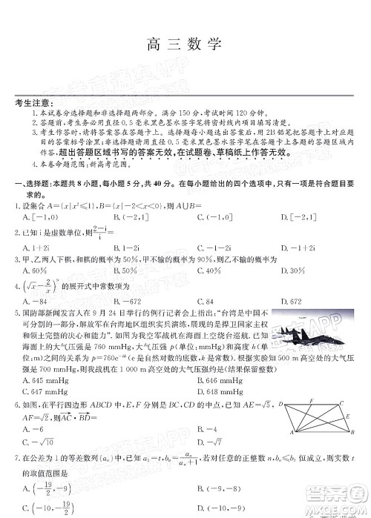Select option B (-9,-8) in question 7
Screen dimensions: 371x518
[x=215, y=488]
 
